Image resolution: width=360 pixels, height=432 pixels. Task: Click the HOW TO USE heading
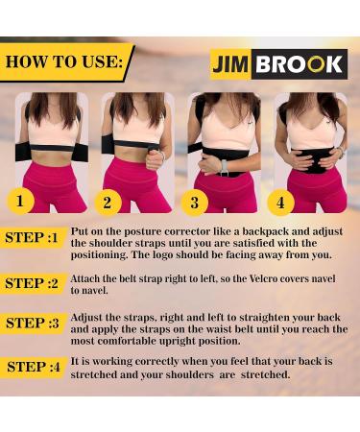pos(63,62)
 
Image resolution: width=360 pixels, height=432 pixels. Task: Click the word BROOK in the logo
pos(303,63)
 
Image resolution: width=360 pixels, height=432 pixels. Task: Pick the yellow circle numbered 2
pos(108,203)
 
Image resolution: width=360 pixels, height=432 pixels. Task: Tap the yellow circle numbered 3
pos(195,203)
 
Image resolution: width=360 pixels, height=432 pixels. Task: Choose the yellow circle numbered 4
pos(279,203)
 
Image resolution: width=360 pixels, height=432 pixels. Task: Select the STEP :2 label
pos(36,283)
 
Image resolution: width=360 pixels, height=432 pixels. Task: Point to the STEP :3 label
pos(36,324)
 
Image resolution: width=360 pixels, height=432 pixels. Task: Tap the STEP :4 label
pos(36,367)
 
